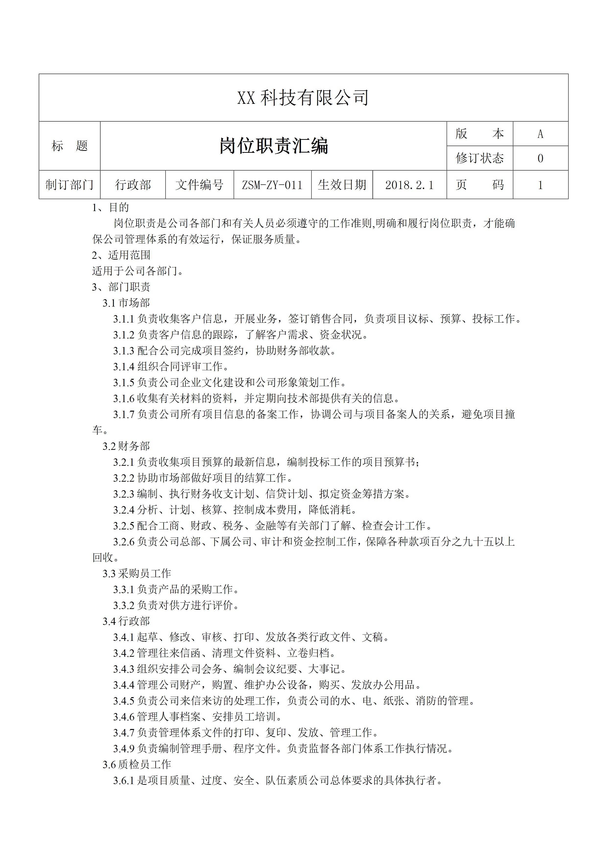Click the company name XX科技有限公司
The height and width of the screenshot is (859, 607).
(x=303, y=98)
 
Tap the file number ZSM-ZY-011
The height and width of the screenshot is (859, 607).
(x=272, y=185)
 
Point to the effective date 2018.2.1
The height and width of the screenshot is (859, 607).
(x=409, y=185)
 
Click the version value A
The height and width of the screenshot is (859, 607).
(x=540, y=134)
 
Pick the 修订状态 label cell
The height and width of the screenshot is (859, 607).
(x=479, y=158)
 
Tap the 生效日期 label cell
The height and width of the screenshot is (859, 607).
(x=342, y=185)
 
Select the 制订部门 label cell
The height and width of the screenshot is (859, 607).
(x=70, y=185)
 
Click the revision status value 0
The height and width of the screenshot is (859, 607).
(x=540, y=158)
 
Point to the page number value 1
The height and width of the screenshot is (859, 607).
(x=540, y=185)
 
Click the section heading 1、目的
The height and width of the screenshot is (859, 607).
(x=110, y=208)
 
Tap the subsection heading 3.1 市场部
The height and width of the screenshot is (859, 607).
(x=126, y=303)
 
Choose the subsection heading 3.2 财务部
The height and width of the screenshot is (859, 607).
(x=126, y=446)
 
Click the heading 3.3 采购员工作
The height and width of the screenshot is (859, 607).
(x=137, y=573)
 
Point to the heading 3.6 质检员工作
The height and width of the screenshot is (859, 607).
(x=137, y=764)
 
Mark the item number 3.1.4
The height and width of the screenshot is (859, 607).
(x=124, y=367)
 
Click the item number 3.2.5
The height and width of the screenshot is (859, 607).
(x=124, y=526)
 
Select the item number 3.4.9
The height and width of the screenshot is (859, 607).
(x=124, y=749)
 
